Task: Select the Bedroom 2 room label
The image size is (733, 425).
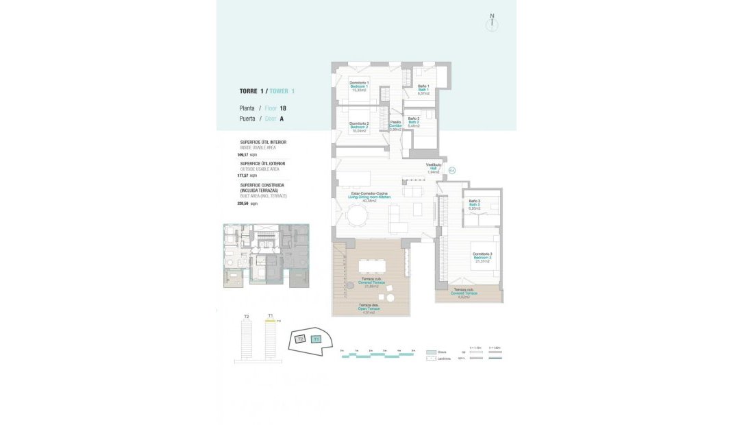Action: (360, 127)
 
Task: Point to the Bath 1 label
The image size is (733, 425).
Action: (423, 89)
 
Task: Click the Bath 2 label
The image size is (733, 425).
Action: (414, 122)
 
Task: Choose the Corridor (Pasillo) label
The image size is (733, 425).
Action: (395, 125)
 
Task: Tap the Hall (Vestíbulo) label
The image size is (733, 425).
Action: (433, 169)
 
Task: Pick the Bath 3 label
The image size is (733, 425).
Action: (474, 204)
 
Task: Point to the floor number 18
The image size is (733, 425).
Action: (283, 108)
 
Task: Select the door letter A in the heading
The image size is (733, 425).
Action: (282, 119)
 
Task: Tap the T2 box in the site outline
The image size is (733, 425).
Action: (299, 339)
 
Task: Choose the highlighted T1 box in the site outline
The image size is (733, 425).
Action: (316, 339)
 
